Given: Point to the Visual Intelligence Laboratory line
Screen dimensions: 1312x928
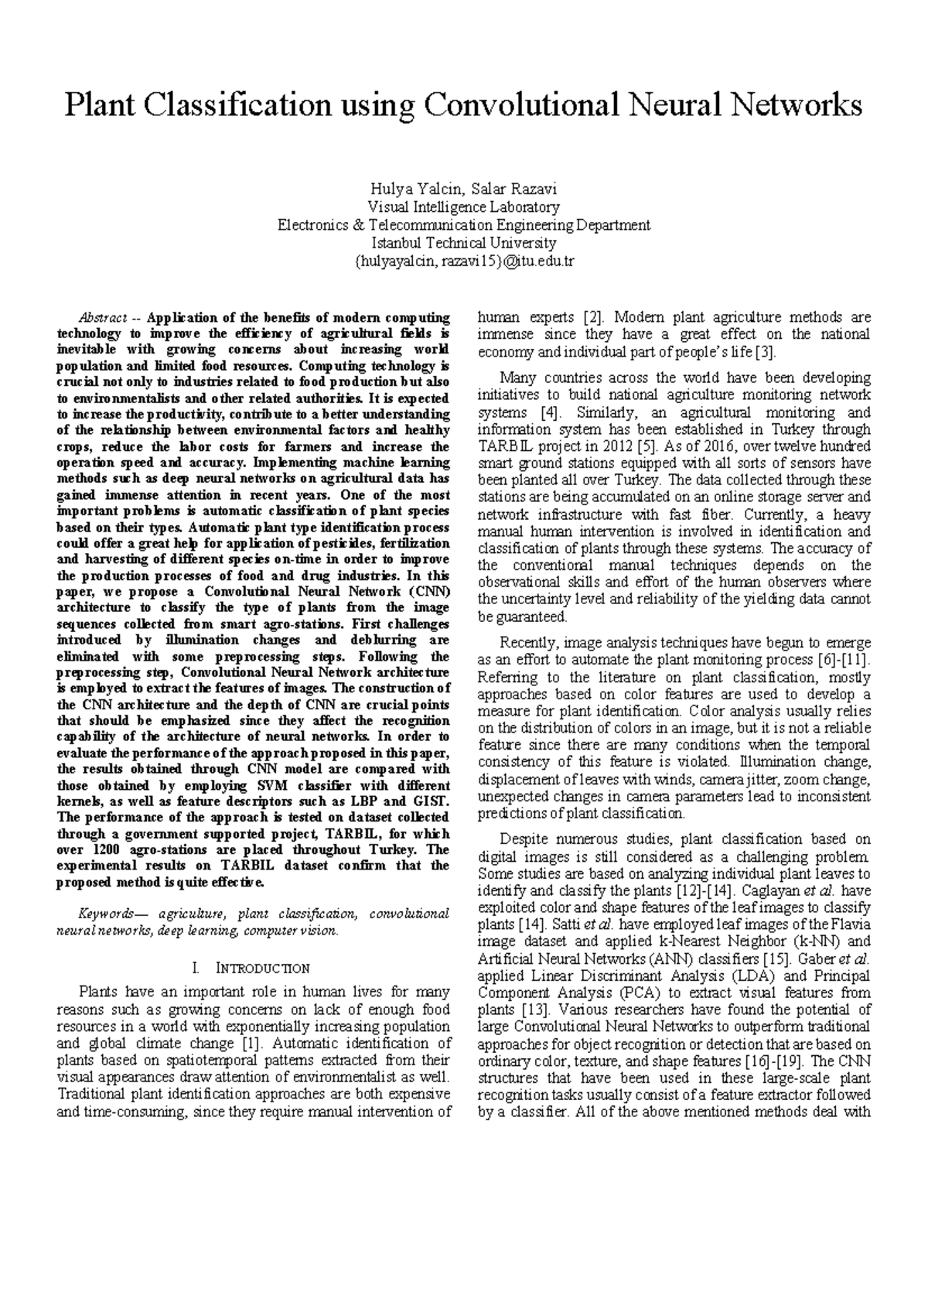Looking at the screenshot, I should point(463,207).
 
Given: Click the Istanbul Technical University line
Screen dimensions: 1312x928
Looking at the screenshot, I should point(463,243).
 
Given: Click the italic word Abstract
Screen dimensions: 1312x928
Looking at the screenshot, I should point(103,318).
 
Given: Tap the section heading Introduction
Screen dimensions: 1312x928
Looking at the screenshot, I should point(262,969).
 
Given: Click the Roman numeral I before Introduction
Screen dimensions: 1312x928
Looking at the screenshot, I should point(200,969).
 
